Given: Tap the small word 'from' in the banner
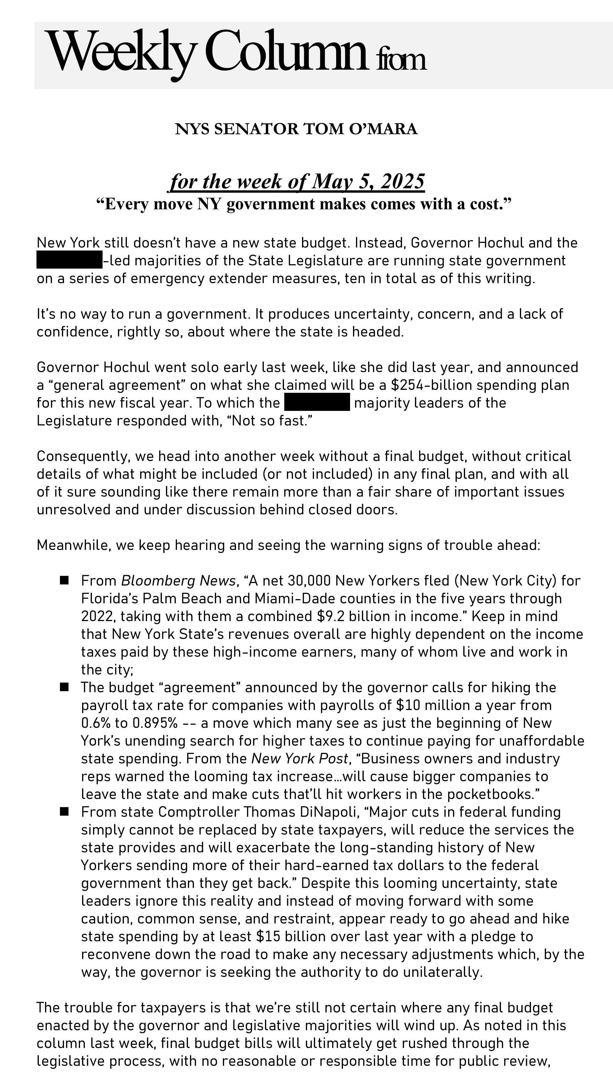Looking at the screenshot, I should (402, 60).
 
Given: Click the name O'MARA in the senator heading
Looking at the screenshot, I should (383, 129).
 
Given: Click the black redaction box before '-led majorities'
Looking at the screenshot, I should (69, 260).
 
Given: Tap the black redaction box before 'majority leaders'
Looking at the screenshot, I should (317, 402).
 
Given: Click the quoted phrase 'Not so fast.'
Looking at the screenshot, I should (272, 420).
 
